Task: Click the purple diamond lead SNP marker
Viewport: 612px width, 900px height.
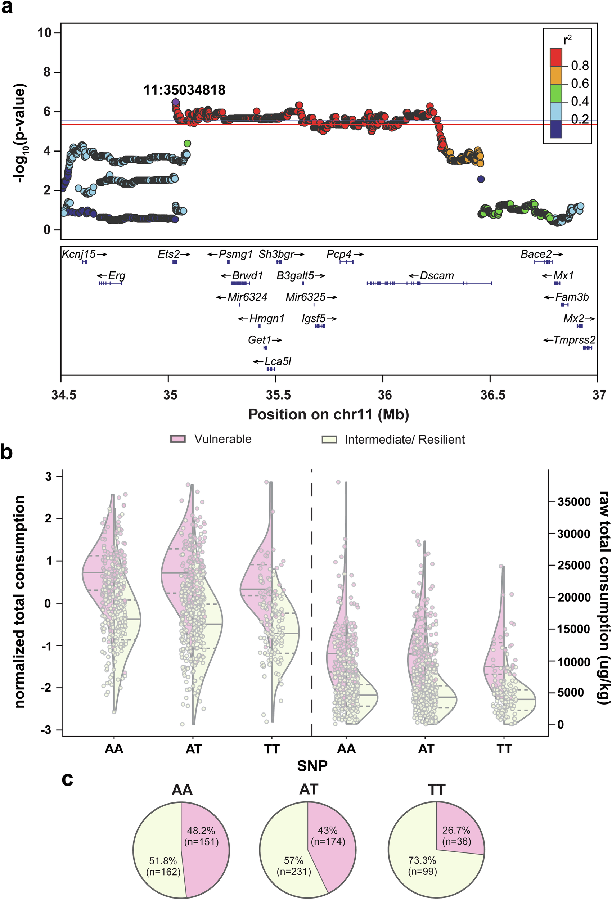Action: [175, 102]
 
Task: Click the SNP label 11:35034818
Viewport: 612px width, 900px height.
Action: [184, 90]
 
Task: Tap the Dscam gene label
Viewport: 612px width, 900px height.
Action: [437, 276]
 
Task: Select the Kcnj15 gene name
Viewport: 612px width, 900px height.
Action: [79, 255]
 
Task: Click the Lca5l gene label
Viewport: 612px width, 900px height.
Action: [278, 361]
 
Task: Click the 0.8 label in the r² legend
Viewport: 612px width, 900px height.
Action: [580, 66]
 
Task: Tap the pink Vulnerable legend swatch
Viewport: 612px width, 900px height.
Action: [178, 439]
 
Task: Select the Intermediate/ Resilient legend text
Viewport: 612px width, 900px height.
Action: [404, 440]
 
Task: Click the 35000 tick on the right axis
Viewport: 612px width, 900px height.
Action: [573, 502]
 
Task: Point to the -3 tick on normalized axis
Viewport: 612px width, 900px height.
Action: [48, 730]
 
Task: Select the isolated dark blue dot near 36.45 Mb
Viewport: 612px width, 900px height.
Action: [481, 179]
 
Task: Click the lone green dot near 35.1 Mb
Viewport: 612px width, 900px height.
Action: [187, 144]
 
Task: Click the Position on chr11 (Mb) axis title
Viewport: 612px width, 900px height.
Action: [328, 414]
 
